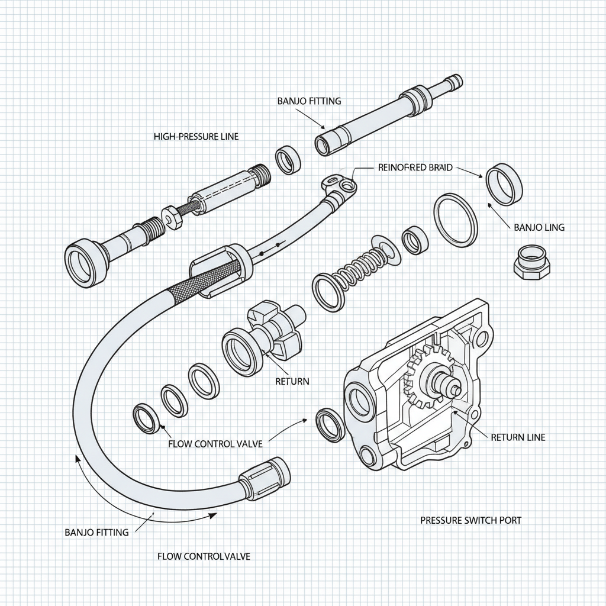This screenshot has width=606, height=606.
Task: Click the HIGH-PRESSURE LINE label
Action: (196, 137)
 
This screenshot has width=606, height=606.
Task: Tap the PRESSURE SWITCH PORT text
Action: (471, 520)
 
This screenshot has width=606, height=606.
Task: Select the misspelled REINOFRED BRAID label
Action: (415, 167)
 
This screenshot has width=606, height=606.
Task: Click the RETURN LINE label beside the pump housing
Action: (518, 437)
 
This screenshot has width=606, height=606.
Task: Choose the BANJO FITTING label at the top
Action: (309, 101)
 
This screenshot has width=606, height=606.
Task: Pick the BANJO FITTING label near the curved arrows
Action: (96, 532)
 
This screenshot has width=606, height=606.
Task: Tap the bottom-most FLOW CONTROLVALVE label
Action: (204, 556)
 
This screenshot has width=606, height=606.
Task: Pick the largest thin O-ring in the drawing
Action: (456, 220)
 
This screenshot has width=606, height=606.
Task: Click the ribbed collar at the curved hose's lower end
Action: (264, 477)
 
